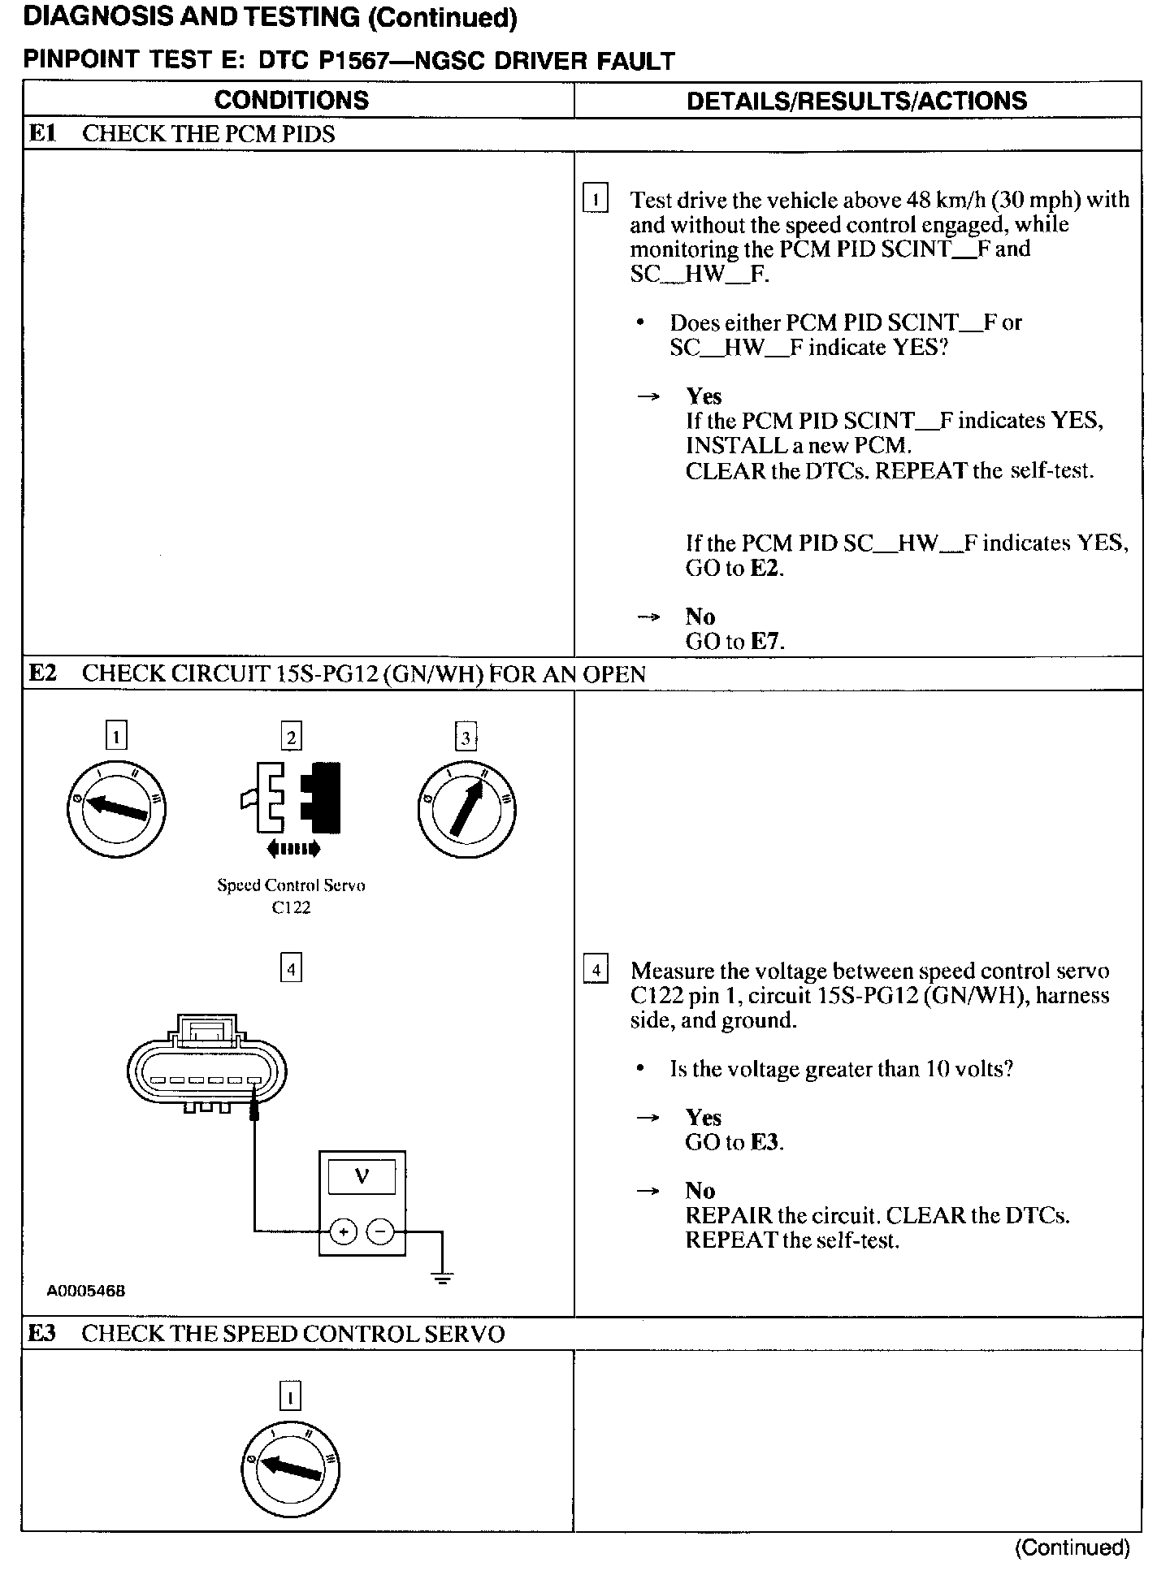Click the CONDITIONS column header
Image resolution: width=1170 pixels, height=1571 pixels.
[x=291, y=100]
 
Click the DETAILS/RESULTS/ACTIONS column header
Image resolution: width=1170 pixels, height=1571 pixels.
[x=856, y=101]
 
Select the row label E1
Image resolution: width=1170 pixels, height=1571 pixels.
[x=42, y=133]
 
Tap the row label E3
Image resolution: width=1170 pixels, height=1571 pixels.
[x=42, y=1333]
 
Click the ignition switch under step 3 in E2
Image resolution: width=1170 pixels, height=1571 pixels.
[x=466, y=810]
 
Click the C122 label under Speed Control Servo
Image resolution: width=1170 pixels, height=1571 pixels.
[x=291, y=908]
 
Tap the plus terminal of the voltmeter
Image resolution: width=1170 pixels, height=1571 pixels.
[x=344, y=1231]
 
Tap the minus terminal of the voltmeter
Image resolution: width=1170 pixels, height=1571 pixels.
[x=380, y=1231]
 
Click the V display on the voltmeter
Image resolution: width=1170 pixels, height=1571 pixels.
[x=362, y=1175]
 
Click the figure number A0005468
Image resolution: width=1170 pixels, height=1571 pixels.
[x=86, y=1291]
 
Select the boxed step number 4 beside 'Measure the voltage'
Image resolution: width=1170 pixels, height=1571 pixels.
[x=596, y=970]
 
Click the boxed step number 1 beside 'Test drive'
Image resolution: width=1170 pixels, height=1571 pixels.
[x=596, y=199]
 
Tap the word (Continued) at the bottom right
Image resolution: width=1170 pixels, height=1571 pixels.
[x=1072, y=1547]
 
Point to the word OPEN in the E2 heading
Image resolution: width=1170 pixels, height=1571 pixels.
[x=614, y=674]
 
